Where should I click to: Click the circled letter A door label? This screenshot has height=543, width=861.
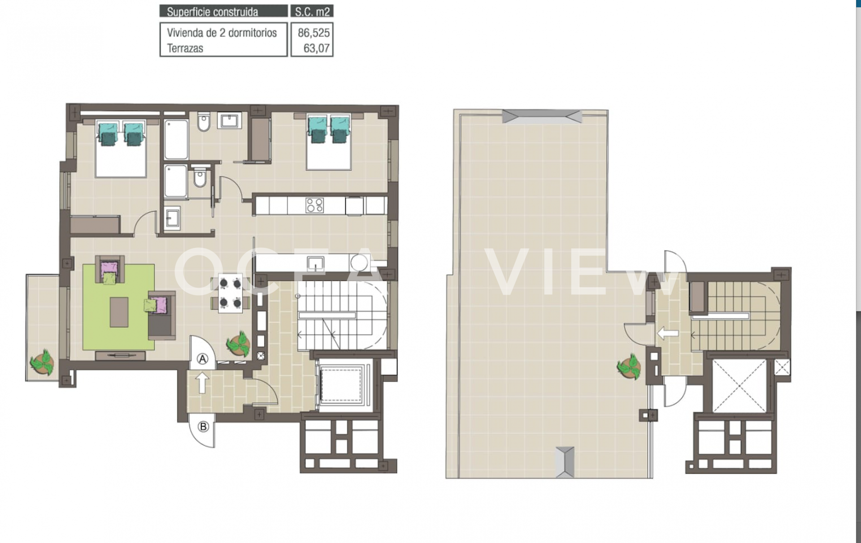coord(203,359)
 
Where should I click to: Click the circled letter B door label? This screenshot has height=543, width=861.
coord(203,427)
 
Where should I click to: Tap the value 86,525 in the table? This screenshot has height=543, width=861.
coord(313,33)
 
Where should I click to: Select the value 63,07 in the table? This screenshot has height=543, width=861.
coord(317,48)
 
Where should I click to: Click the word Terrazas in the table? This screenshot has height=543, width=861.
coord(185,48)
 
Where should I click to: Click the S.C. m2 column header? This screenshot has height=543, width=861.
coord(312,12)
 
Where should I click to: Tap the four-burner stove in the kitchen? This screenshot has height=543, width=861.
coord(314,205)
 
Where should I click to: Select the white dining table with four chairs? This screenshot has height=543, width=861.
coord(230,293)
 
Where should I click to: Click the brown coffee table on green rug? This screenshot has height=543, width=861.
coord(119,312)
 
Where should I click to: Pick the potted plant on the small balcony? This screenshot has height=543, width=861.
coord(42,362)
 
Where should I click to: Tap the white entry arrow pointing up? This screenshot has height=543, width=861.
coord(202,383)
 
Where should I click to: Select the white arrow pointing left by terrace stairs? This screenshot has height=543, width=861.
coord(667,333)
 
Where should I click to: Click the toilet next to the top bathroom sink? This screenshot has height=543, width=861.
coord(204,122)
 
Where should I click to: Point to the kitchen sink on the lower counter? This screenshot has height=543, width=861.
coord(316,263)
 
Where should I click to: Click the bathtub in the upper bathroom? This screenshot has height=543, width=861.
coord(176,139)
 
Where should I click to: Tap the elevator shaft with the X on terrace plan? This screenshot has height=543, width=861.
coord(739,385)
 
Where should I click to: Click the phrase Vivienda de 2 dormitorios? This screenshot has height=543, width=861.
coord(222,33)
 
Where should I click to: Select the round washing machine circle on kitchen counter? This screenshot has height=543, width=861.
coord(360,263)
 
